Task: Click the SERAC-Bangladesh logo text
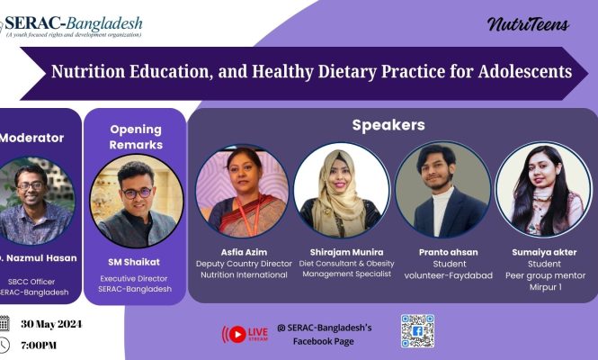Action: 73,23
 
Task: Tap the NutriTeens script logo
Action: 528,24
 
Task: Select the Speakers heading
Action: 388,125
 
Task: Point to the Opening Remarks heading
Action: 136,137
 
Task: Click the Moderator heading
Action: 31,138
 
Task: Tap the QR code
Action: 417,331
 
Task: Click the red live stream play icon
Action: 237,335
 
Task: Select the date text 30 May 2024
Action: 51,324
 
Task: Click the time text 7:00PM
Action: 39,346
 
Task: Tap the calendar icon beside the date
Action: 4,323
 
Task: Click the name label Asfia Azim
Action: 244,252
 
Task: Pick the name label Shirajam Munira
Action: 347,252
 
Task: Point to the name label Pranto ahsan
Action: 449,252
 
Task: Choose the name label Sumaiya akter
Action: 544,252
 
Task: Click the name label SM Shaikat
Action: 134,262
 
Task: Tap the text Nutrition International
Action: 244,274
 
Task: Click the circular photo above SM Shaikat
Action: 137,201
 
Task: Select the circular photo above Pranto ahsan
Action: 443,190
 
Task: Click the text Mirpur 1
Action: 545,287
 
